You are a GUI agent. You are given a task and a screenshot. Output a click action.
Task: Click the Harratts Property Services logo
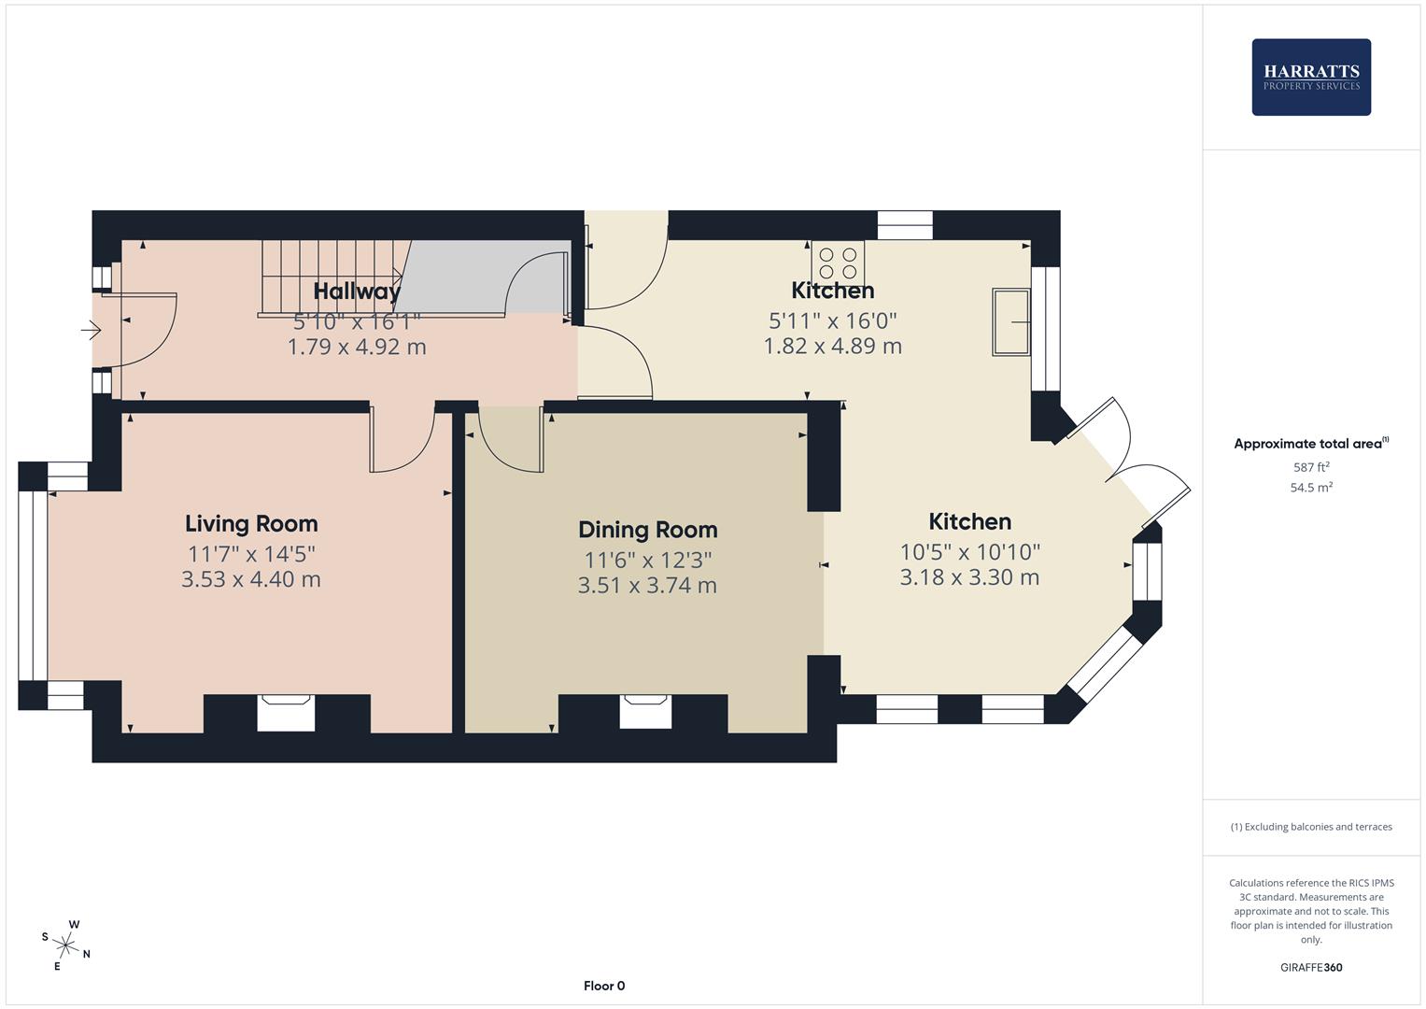point(1310,77)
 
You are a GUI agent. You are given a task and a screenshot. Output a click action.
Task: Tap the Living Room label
point(251,524)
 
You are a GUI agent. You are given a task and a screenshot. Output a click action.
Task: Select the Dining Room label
point(647,530)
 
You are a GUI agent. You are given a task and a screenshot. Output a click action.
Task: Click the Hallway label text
point(357,291)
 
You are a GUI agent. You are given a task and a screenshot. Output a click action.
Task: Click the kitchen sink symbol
point(1010,322)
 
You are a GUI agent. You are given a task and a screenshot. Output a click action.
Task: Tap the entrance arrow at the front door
point(92,330)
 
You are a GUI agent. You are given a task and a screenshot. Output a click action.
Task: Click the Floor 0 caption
point(604,986)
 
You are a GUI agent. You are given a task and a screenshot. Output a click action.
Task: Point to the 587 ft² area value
point(1311,467)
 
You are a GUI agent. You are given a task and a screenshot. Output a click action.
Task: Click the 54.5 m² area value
point(1311,488)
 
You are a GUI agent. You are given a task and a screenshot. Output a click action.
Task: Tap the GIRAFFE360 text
point(1311,968)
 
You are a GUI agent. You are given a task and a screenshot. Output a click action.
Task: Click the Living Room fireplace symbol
point(286,712)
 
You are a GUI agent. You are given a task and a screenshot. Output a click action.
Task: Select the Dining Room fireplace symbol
point(645,711)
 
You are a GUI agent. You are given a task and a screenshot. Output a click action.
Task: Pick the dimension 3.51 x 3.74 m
point(647,586)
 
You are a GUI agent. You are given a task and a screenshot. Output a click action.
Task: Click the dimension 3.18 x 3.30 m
point(969,577)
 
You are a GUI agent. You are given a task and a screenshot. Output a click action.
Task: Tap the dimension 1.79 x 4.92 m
point(357,347)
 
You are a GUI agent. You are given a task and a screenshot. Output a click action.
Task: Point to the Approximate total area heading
point(1310,444)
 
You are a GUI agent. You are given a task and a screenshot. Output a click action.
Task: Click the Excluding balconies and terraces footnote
point(1311,827)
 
